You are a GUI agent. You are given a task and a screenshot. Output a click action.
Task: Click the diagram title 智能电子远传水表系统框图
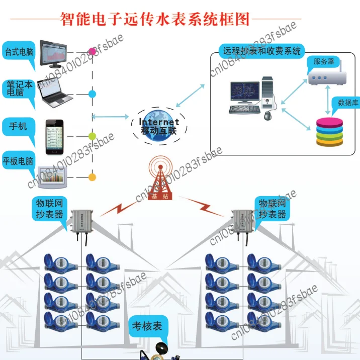[x=155, y=19]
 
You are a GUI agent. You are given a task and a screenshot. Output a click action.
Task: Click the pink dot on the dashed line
[x=92, y=51]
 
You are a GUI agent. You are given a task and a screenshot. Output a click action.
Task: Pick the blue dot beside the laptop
[x=92, y=94]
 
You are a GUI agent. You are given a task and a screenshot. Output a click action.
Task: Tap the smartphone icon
[x=55, y=137]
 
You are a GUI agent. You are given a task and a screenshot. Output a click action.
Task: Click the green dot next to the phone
[x=92, y=136]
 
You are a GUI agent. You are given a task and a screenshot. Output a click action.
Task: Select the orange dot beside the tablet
[x=92, y=177]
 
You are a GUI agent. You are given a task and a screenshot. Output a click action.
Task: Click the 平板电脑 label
[x=18, y=162]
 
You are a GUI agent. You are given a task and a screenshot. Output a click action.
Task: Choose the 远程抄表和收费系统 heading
[x=261, y=51]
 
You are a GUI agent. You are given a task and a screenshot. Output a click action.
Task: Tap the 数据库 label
[x=348, y=103]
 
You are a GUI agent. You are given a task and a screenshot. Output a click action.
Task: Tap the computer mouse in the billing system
[x=268, y=116]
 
